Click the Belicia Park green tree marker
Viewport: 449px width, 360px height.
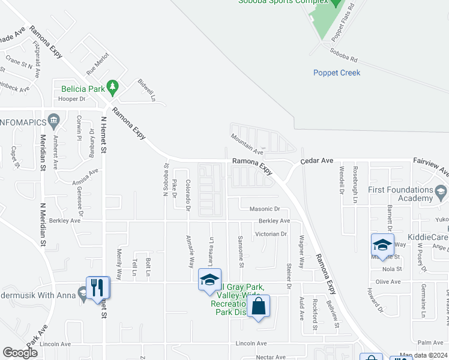[112, 88]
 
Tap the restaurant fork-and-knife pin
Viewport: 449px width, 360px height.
[97, 287]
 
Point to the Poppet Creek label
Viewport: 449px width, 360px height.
[336, 73]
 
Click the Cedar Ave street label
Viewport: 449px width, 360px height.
[316, 161]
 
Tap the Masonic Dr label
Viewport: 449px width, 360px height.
[265, 209]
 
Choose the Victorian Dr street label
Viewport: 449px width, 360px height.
[271, 233]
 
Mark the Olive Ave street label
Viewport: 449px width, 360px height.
[387, 281]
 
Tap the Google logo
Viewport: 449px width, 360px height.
[20, 353]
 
